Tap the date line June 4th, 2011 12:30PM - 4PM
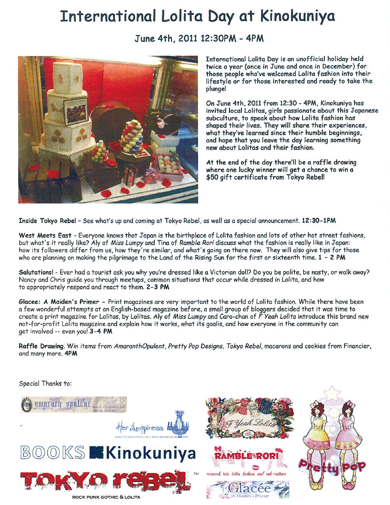click(199, 39)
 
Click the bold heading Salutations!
click(38, 273)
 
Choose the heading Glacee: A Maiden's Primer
click(59, 301)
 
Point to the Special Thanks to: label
click(45, 384)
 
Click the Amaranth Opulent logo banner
click(74, 404)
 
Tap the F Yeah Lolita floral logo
click(247, 418)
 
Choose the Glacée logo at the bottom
click(248, 490)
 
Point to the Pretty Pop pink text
click(332, 467)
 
